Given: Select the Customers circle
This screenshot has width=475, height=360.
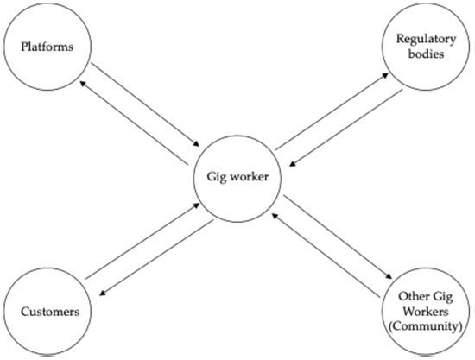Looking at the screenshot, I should [46, 311].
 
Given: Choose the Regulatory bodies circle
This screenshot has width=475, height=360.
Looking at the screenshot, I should [422, 47].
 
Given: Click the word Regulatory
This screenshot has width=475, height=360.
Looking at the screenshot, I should [422, 40].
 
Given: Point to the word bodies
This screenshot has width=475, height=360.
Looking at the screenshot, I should [422, 54].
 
